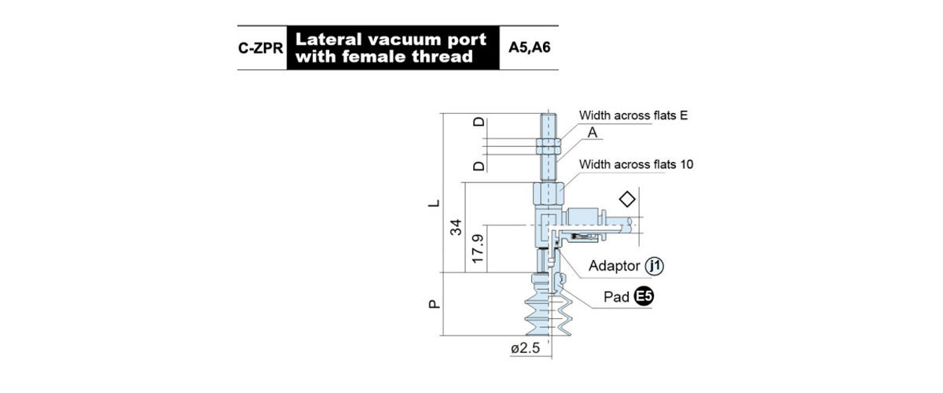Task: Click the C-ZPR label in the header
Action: (x=261, y=48)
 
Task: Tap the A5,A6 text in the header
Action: (x=529, y=48)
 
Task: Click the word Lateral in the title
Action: (x=328, y=39)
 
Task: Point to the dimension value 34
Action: (x=456, y=227)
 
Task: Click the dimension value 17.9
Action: (x=478, y=248)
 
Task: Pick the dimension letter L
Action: (x=434, y=203)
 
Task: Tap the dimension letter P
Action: (x=434, y=303)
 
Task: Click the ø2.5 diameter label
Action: (x=526, y=348)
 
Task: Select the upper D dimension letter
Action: (x=479, y=122)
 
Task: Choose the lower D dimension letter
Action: (x=479, y=166)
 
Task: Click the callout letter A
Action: (x=593, y=133)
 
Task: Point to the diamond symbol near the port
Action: (x=627, y=199)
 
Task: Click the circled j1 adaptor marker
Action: (x=655, y=266)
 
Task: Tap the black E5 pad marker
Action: (x=644, y=296)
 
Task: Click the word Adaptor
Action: (x=615, y=266)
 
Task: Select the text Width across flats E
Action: (x=633, y=116)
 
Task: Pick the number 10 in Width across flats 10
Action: (x=686, y=164)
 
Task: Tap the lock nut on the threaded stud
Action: (x=549, y=145)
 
